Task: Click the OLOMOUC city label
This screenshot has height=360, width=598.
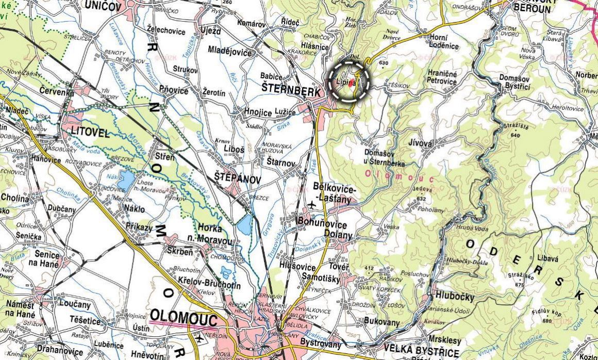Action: coord(184,318)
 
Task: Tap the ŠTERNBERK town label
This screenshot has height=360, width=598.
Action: coord(291,88)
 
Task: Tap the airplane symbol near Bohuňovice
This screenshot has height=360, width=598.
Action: coord(311,205)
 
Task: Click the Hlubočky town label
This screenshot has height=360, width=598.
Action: coord(454,296)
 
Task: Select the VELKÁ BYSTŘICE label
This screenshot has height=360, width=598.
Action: coord(421,353)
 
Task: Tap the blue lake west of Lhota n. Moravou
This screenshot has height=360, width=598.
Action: coord(125,181)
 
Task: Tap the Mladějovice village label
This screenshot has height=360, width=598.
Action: coord(229,52)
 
